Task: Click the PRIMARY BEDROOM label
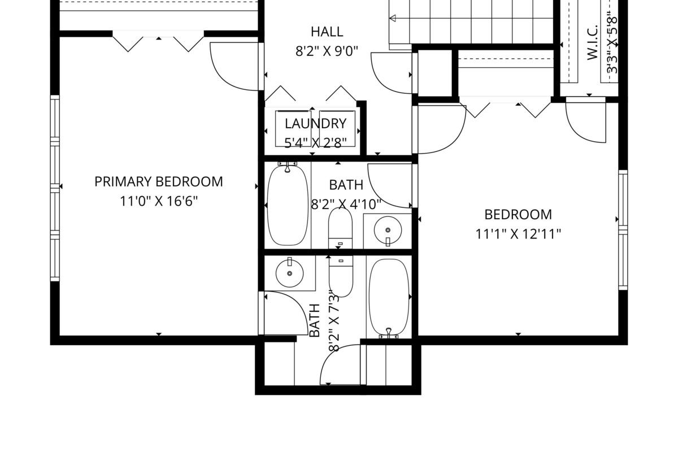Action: click(159, 182)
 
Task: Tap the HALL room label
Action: click(327, 32)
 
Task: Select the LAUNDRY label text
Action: click(315, 124)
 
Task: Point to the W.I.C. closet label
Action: click(592, 42)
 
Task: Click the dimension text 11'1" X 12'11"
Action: click(518, 234)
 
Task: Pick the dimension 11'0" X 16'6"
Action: click(159, 201)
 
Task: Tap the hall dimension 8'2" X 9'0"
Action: click(327, 51)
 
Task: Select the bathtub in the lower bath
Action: click(389, 298)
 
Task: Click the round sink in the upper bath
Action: click(388, 231)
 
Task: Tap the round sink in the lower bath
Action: click(289, 273)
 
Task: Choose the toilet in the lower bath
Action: click(341, 276)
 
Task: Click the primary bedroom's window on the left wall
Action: click(55, 188)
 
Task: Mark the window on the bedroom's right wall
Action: click(623, 230)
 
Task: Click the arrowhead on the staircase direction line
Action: click(393, 19)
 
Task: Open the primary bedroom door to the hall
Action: click(234, 67)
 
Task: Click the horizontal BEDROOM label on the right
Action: click(518, 215)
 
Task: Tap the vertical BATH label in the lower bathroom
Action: click(315, 320)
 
